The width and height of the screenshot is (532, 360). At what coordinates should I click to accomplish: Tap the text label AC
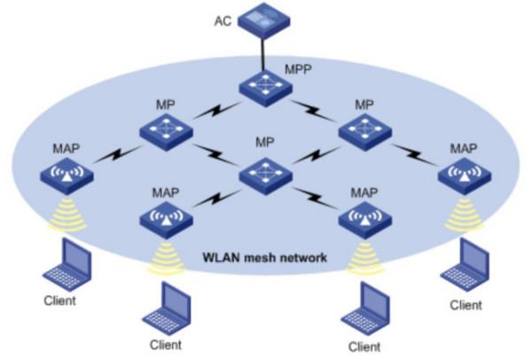tap(223, 19)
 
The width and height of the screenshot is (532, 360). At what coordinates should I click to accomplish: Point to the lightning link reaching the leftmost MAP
tap(114, 154)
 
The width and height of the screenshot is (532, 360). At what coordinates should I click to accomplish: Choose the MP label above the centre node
tap(264, 142)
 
